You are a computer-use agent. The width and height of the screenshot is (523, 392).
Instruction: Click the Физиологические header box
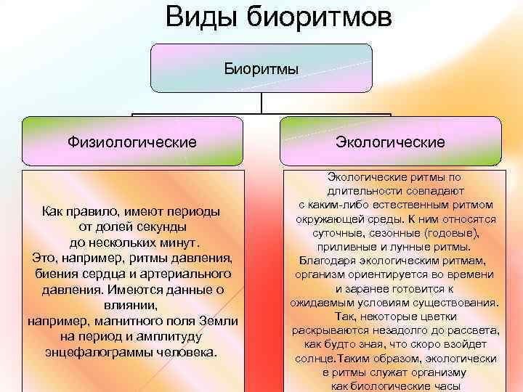pyautogui.click(x=132, y=140)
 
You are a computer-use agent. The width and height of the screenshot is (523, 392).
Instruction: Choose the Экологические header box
pyautogui.click(x=390, y=140)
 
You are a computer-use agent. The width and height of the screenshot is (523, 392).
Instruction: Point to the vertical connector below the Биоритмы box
pyautogui.click(x=261, y=103)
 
